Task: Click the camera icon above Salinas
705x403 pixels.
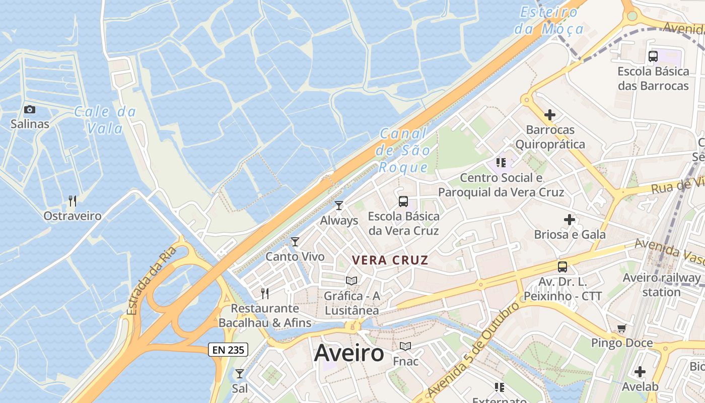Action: click(x=30, y=109)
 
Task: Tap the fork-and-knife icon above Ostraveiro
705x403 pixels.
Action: click(x=73, y=201)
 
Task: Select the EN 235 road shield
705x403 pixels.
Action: click(x=228, y=349)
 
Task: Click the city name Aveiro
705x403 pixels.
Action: click(x=349, y=353)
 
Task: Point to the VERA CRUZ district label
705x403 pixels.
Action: click(x=390, y=260)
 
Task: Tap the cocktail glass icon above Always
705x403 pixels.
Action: click(x=339, y=206)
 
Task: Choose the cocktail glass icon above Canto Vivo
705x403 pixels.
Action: click(x=295, y=242)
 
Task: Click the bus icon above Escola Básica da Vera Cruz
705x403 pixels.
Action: click(x=403, y=201)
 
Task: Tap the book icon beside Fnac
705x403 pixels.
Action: click(x=405, y=347)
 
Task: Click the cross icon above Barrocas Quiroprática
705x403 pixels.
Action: click(x=550, y=115)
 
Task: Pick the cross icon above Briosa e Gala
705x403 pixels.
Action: click(x=570, y=220)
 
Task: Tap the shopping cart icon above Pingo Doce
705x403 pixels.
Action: click(x=622, y=328)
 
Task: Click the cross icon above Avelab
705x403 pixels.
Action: click(x=640, y=372)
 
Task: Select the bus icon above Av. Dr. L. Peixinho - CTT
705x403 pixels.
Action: click(x=562, y=267)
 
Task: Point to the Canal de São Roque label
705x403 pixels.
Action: click(x=404, y=150)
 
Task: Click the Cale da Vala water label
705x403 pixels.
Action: click(x=105, y=120)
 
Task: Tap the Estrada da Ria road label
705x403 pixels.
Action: click(x=152, y=280)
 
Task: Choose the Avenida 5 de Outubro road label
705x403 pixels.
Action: click(x=473, y=351)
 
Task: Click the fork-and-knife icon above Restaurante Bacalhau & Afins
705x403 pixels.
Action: click(x=265, y=293)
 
